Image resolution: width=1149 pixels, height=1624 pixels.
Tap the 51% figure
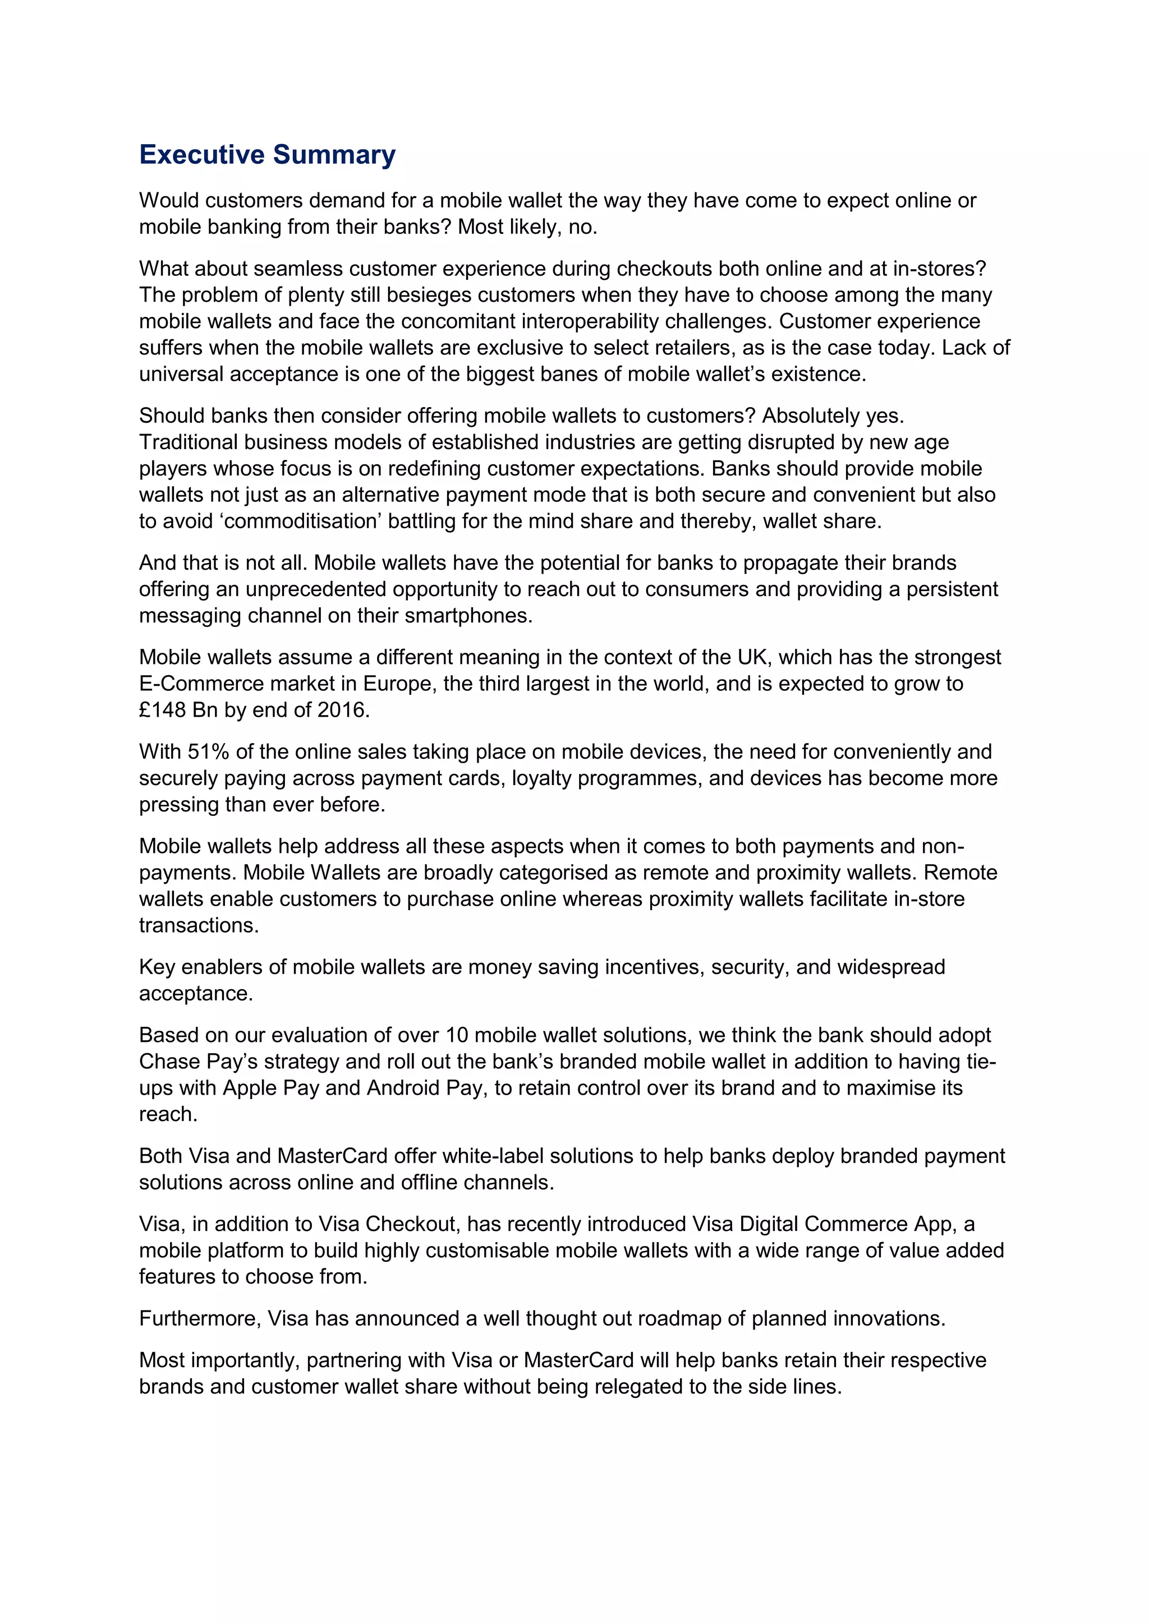pyautogui.click(x=208, y=751)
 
